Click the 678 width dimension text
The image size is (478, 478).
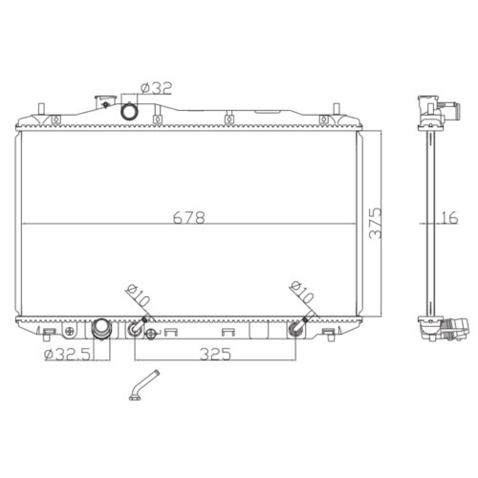click(x=188, y=217)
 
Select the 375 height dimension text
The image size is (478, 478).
click(x=375, y=223)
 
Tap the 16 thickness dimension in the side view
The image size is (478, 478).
click(x=450, y=217)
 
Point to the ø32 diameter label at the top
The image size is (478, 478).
click(x=156, y=88)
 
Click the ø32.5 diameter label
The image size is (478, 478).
click(x=68, y=354)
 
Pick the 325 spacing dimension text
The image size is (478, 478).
click(x=215, y=354)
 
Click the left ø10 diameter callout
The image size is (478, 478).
click(x=138, y=295)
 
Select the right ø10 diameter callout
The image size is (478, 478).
click(x=301, y=292)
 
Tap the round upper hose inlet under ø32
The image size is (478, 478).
click(x=129, y=111)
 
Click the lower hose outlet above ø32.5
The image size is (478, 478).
click(x=101, y=328)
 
